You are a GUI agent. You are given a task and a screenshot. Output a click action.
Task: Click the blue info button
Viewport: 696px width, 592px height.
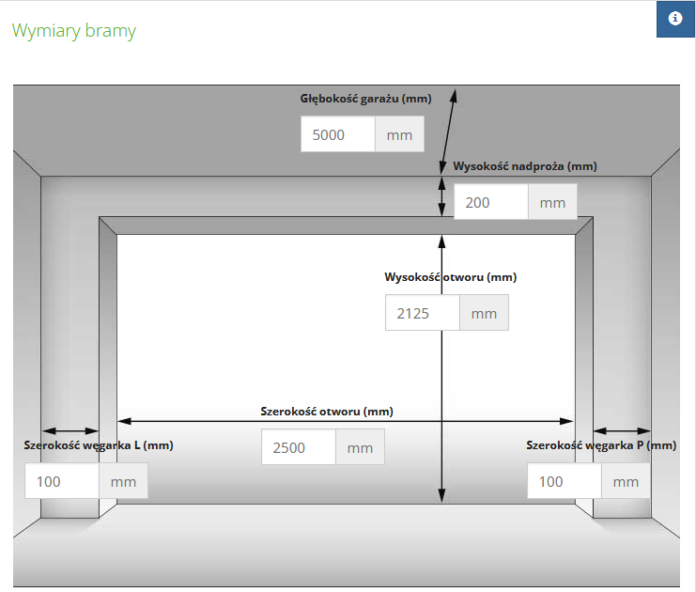675,19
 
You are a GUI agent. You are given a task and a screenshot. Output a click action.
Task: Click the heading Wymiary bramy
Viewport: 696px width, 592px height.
73,31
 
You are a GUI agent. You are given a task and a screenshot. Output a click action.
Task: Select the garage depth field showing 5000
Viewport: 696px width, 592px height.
338,134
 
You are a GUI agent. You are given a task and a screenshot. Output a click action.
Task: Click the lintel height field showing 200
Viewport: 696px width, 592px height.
491,202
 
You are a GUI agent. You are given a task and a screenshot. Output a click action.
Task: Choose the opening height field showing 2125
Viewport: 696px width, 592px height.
423,313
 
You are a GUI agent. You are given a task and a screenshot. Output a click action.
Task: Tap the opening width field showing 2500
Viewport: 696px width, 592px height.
299,446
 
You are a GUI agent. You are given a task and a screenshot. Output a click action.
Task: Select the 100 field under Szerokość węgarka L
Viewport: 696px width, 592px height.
62,481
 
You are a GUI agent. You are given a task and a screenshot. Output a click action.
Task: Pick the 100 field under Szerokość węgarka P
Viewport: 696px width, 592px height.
565,481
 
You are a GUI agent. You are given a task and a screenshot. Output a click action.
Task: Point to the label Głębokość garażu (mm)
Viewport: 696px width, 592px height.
365,99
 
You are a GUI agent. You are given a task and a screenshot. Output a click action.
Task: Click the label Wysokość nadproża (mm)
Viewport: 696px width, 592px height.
525,166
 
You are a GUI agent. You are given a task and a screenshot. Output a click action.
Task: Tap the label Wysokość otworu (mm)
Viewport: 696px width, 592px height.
451,277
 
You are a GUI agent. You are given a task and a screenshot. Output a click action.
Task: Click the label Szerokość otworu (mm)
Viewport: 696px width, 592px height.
327,412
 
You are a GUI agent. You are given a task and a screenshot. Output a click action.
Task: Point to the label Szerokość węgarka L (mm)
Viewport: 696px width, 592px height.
99,445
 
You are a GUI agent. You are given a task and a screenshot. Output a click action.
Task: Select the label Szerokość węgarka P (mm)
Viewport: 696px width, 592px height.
601,445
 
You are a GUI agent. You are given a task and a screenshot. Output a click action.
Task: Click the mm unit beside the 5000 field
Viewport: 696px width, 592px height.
399,134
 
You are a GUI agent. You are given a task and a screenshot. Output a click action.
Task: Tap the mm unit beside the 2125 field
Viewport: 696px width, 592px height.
484,313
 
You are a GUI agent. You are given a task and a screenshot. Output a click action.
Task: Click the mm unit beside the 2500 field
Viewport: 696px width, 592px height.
360,446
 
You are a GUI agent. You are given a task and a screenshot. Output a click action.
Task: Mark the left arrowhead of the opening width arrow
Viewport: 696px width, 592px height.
124,421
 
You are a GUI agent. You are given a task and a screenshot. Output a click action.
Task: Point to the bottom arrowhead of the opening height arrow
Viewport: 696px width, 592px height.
441,495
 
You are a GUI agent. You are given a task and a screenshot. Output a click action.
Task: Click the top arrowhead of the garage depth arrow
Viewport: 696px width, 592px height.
454,96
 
